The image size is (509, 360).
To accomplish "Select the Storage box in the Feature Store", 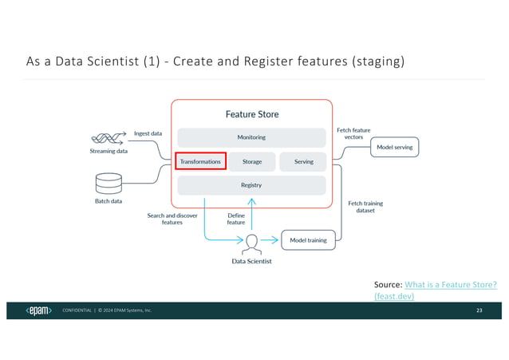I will click(x=252, y=161).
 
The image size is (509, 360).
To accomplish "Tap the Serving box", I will click(x=303, y=161).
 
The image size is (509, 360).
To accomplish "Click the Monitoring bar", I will click(x=251, y=137).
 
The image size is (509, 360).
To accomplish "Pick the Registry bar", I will click(x=251, y=185).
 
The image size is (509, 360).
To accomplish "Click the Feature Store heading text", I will click(x=251, y=114).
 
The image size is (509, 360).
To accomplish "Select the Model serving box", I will click(x=396, y=148).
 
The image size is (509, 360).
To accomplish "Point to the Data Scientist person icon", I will click(x=251, y=241).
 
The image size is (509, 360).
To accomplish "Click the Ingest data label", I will click(x=148, y=133).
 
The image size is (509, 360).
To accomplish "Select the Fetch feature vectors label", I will click(x=353, y=134).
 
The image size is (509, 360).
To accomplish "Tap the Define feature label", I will click(x=236, y=219).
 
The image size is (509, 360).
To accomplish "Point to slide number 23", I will click(x=479, y=310).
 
